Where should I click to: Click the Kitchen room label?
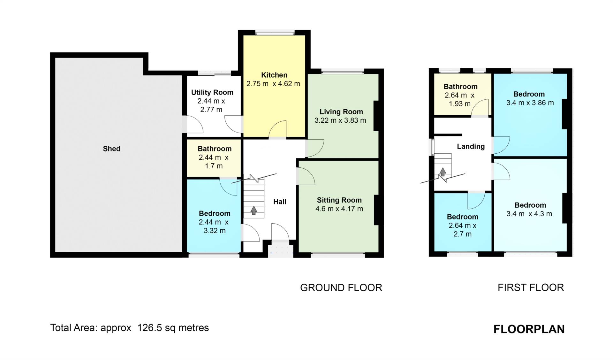point(274,75)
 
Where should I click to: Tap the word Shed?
point(111,149)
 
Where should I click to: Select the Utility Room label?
point(212,92)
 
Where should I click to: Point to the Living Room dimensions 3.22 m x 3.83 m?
point(340,120)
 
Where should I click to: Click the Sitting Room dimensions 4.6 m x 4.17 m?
point(339,209)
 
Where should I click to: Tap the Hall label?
point(280,202)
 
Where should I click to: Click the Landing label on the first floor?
point(471,147)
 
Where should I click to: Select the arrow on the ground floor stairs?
point(254,210)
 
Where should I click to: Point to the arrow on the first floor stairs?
point(443,172)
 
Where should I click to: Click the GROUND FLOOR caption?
point(341,288)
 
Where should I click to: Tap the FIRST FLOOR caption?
point(531,287)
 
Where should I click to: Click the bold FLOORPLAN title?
point(529,329)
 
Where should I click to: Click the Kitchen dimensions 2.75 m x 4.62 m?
point(273,84)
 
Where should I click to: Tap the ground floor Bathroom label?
point(215,149)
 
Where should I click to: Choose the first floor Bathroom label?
point(460,87)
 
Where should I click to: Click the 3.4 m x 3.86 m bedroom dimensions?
point(530,103)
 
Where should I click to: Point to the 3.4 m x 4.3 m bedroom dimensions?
point(529,214)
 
